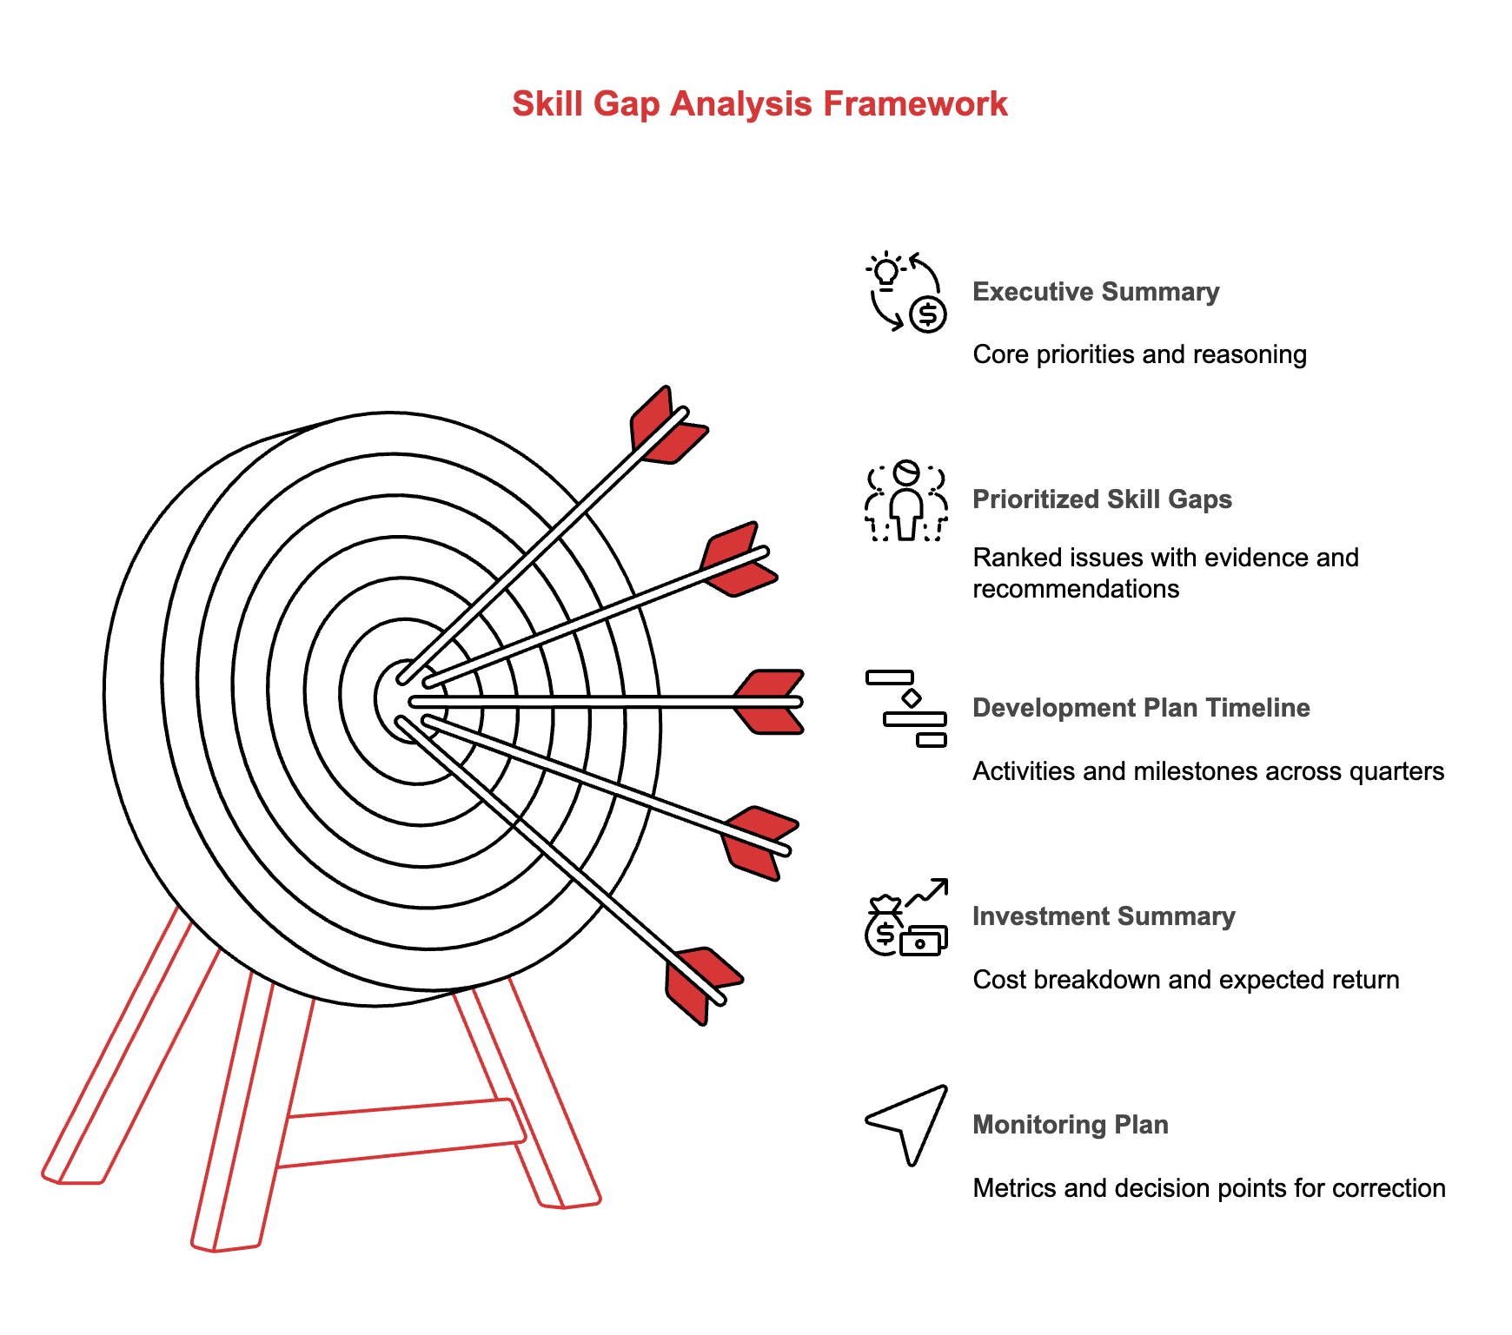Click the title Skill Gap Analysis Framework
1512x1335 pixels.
[x=759, y=104]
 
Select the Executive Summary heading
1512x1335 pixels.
[x=1095, y=292]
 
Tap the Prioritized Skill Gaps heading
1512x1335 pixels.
[x=1101, y=499]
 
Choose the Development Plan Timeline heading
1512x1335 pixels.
[x=1140, y=708]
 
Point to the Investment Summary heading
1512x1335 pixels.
[x=1103, y=916]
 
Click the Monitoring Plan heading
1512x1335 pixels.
[x=1070, y=1125]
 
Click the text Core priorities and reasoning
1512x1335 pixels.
[x=1138, y=354]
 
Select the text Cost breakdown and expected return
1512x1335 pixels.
[x=1185, y=980]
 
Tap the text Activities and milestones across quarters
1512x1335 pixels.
[x=1208, y=771]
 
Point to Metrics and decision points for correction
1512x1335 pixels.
[x=1208, y=1188]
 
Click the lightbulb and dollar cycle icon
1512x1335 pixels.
[x=905, y=293]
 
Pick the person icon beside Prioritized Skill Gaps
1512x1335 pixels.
[x=905, y=501]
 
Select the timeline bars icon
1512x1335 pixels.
[x=905, y=709]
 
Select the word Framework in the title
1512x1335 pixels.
[x=915, y=104]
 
